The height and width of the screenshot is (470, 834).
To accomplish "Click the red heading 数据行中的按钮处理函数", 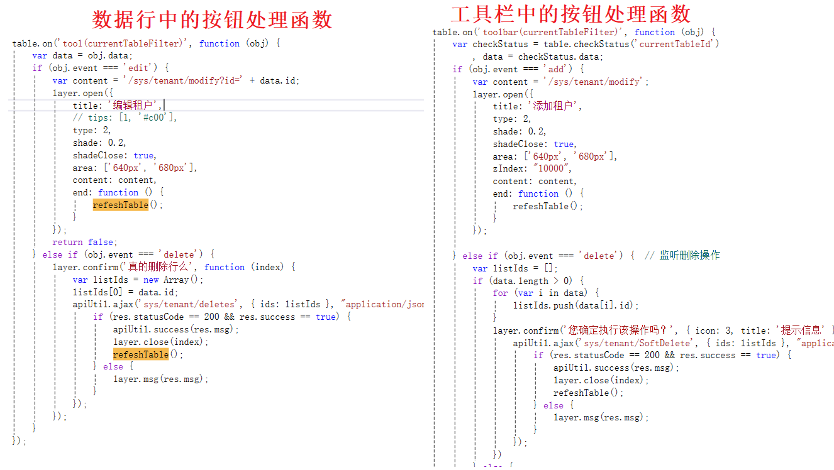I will (x=212, y=19).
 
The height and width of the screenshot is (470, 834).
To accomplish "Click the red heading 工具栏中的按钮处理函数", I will (x=570, y=14).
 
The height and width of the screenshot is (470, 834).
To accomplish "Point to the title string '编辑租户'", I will (x=134, y=106).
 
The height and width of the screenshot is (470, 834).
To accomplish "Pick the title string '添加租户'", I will (x=554, y=106).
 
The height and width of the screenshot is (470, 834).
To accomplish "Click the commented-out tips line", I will (x=125, y=117).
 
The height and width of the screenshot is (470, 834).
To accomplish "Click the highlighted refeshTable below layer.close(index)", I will (x=140, y=354).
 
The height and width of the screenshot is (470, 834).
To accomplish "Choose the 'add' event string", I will (x=561, y=69).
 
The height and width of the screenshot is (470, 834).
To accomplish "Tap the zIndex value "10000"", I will (x=551, y=168).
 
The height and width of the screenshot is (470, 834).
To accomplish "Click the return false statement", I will (x=84, y=242).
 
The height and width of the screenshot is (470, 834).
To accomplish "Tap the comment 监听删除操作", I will (x=689, y=256).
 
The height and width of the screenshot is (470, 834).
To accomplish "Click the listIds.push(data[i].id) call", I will (x=575, y=305).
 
